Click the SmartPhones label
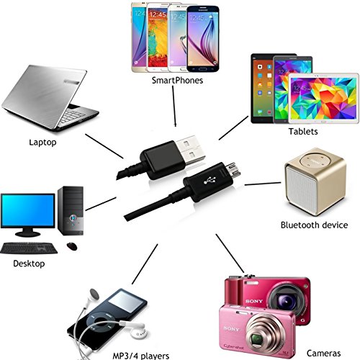click(x=177, y=81)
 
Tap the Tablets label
click(x=303, y=132)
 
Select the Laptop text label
click(x=42, y=143)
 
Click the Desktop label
click(x=29, y=264)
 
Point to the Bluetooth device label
click(x=314, y=225)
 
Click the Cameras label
click(x=323, y=354)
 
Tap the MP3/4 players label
click(x=141, y=356)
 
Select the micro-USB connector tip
click(x=233, y=169)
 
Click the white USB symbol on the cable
click(x=210, y=180)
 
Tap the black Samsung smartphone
click(x=203, y=39)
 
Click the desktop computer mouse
click(x=72, y=246)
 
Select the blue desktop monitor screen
click(x=28, y=210)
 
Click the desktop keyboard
click(x=29, y=248)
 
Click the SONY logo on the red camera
click(x=254, y=301)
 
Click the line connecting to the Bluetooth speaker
click(x=263, y=184)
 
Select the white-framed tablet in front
click(x=323, y=99)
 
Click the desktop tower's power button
click(x=73, y=218)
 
